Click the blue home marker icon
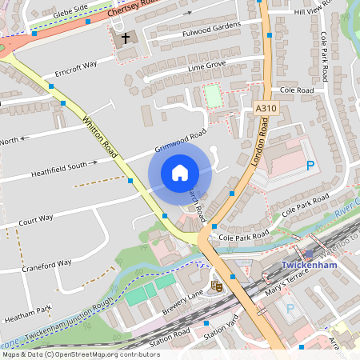[x=180, y=173]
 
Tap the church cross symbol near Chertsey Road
[x=124, y=39]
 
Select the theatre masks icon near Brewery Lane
[x=215, y=284]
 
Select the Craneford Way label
[x=47, y=264]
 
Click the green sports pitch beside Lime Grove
[x=212, y=96]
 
